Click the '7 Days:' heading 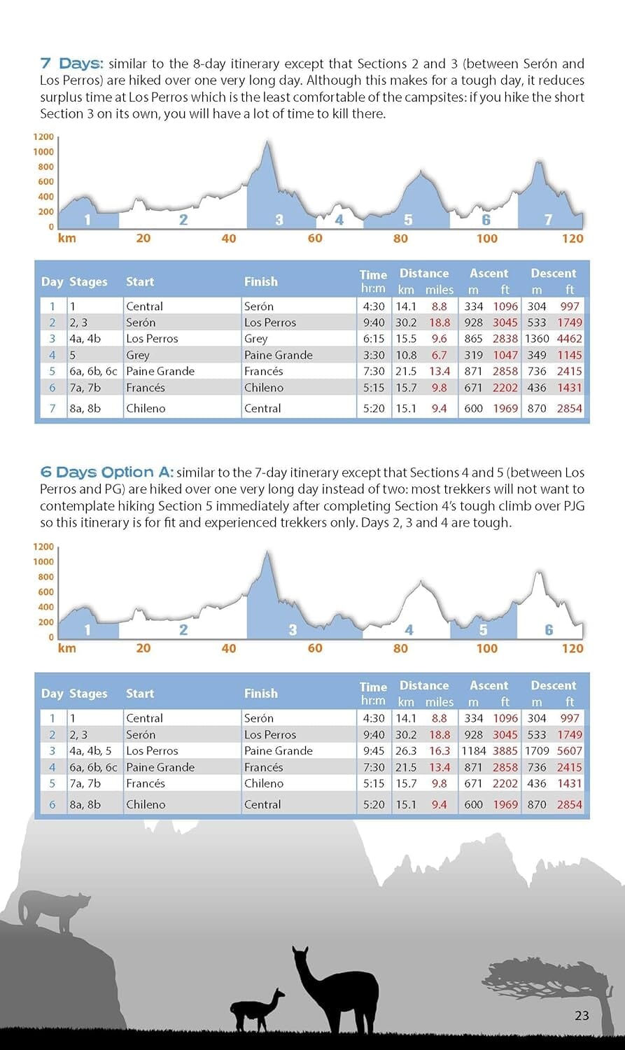(71, 64)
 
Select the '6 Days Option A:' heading (106, 472)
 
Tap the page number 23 (582, 1015)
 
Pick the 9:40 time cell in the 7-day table (374, 323)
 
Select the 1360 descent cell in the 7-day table (537, 339)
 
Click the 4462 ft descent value (570, 339)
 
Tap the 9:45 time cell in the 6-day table (374, 751)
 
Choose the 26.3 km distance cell (406, 751)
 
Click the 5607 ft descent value (570, 751)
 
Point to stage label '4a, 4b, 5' (90, 751)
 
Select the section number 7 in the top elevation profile (549, 220)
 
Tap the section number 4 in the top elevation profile (339, 220)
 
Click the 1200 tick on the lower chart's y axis (43, 547)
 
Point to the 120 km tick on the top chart (573, 239)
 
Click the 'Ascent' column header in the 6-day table (489, 685)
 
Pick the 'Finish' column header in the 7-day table (261, 281)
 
